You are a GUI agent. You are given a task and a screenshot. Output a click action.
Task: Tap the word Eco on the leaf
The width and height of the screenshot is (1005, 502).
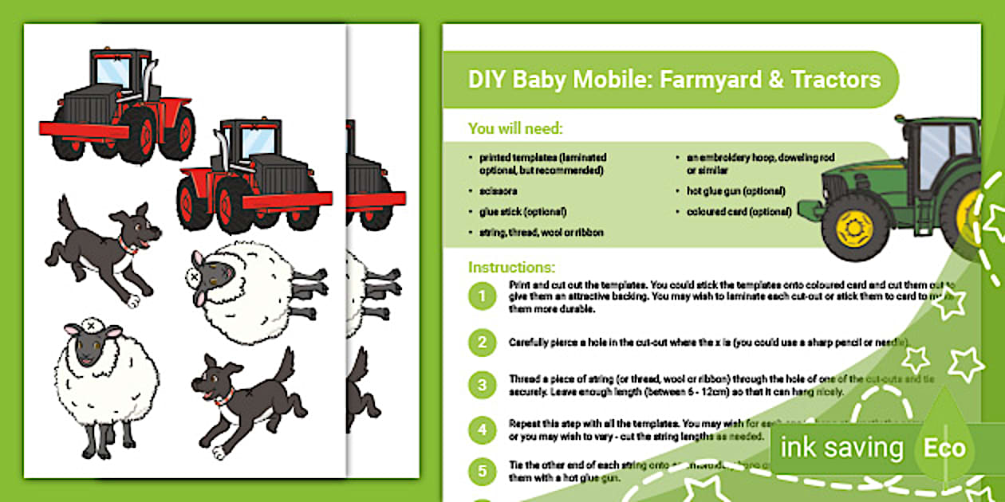point(944,448)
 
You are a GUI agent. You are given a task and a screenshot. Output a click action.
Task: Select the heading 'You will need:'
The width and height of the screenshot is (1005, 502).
point(515,128)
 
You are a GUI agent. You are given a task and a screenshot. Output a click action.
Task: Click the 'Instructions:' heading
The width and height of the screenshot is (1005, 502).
point(512,267)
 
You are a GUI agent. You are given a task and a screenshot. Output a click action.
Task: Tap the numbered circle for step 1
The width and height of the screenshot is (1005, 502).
point(482,297)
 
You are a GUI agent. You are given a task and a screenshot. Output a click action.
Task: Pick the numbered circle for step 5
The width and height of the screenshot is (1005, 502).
point(482,471)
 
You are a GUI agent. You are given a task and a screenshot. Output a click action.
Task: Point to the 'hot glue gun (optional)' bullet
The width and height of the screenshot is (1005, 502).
point(735,191)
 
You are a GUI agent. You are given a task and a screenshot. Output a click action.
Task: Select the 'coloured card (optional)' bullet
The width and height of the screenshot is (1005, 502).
point(739,212)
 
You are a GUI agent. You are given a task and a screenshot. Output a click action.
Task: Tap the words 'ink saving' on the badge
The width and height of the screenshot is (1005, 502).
point(841,448)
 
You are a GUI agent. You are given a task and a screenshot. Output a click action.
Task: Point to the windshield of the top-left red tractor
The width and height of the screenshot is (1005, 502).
point(112,71)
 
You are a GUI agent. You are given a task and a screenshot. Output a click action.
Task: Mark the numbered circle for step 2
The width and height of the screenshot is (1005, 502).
point(482,343)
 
